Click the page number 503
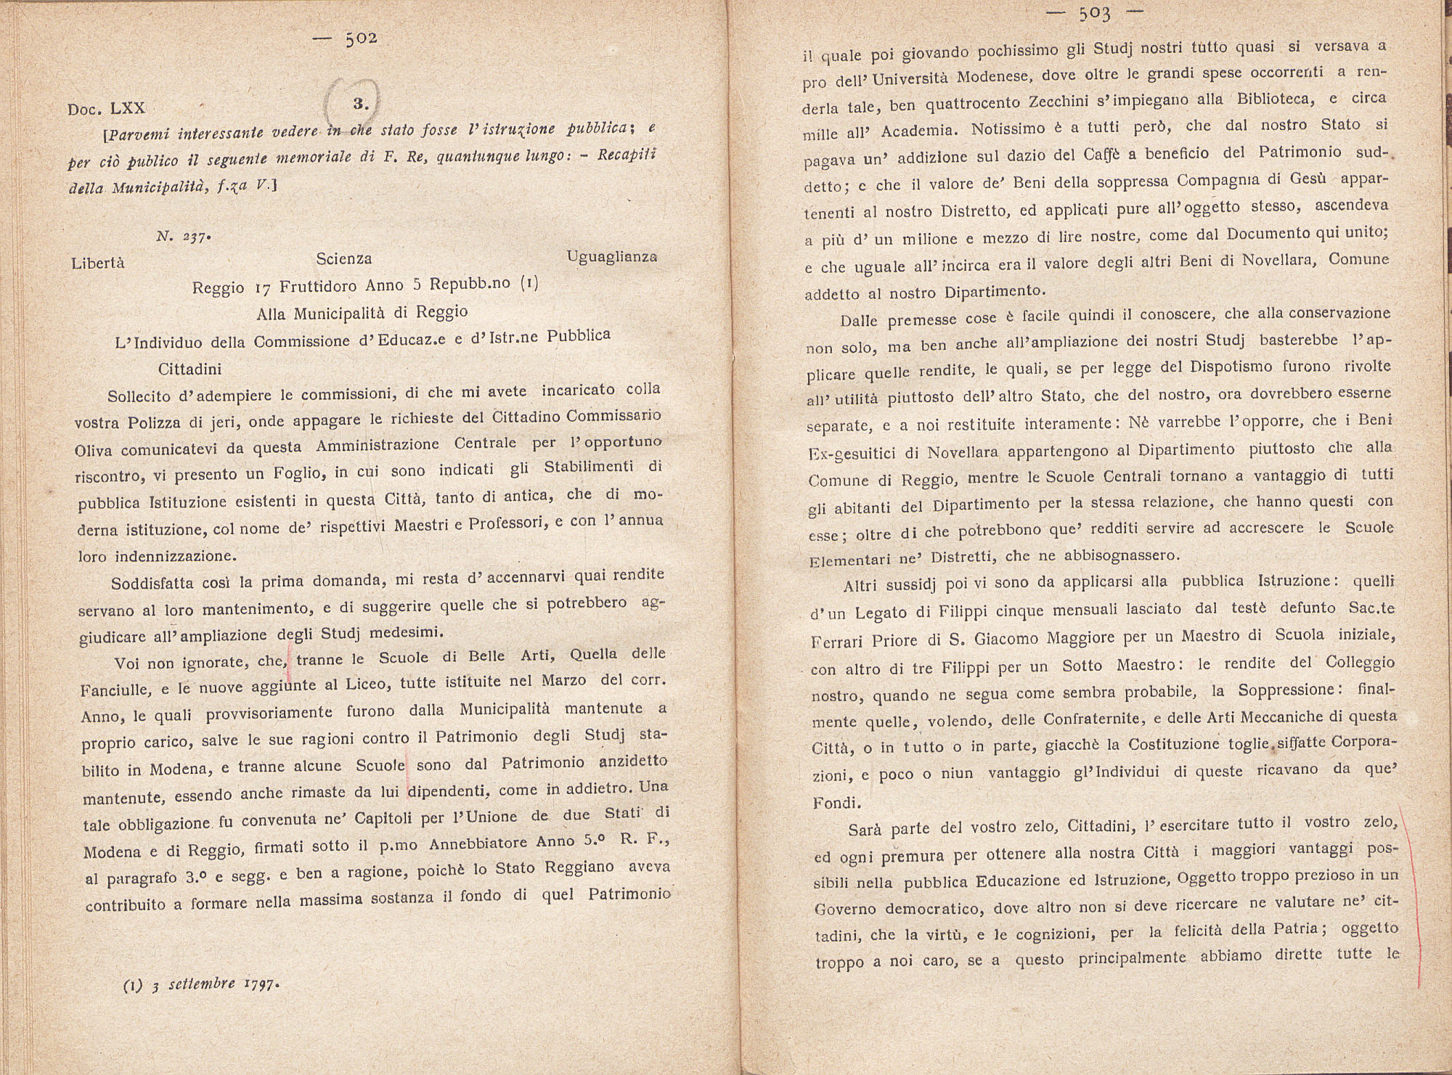coord(1096,12)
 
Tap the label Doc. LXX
coord(107,108)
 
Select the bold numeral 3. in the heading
coord(360,103)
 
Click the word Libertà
coord(98,263)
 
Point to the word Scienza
coord(344,258)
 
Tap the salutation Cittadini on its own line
coord(189,368)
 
